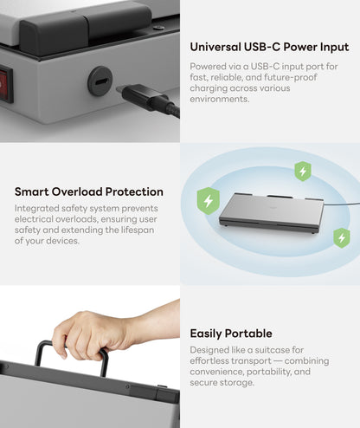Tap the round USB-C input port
pos(100,81)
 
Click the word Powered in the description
pos(210,66)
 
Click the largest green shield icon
pos(208,202)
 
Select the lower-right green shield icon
pos(342,237)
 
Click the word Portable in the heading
pos(247,333)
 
